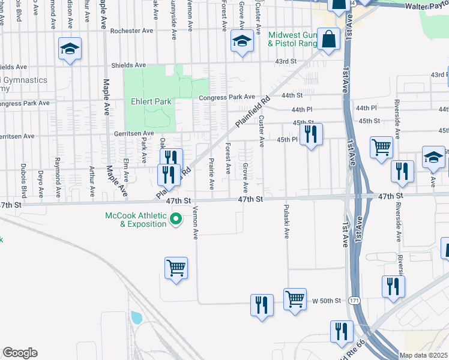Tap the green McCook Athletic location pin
[176, 220]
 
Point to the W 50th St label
[327, 300]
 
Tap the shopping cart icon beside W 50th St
[295, 298]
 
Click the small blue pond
[136, 317]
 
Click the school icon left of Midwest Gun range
[242, 42]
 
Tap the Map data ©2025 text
[424, 355]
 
